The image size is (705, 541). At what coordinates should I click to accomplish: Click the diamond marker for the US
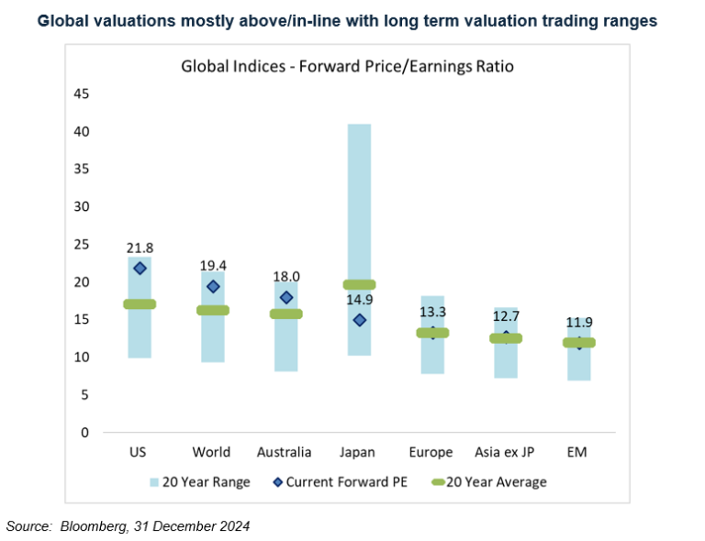140,268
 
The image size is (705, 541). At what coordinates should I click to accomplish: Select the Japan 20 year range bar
359,202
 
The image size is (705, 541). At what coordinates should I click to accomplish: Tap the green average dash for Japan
359,284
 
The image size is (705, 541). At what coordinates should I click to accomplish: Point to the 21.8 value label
140,248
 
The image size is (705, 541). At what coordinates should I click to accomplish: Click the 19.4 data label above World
213,265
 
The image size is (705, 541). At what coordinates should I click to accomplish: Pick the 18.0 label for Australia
285,276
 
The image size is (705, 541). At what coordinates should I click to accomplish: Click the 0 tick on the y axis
84,432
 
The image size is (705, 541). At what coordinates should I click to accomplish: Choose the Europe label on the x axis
431,452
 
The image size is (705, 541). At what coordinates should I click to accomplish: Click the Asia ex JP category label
505,452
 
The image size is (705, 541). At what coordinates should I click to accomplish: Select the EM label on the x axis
578,452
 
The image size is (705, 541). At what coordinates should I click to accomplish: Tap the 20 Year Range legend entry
199,482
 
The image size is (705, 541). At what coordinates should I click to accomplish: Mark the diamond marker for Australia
285,297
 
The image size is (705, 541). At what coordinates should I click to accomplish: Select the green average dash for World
213,310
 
